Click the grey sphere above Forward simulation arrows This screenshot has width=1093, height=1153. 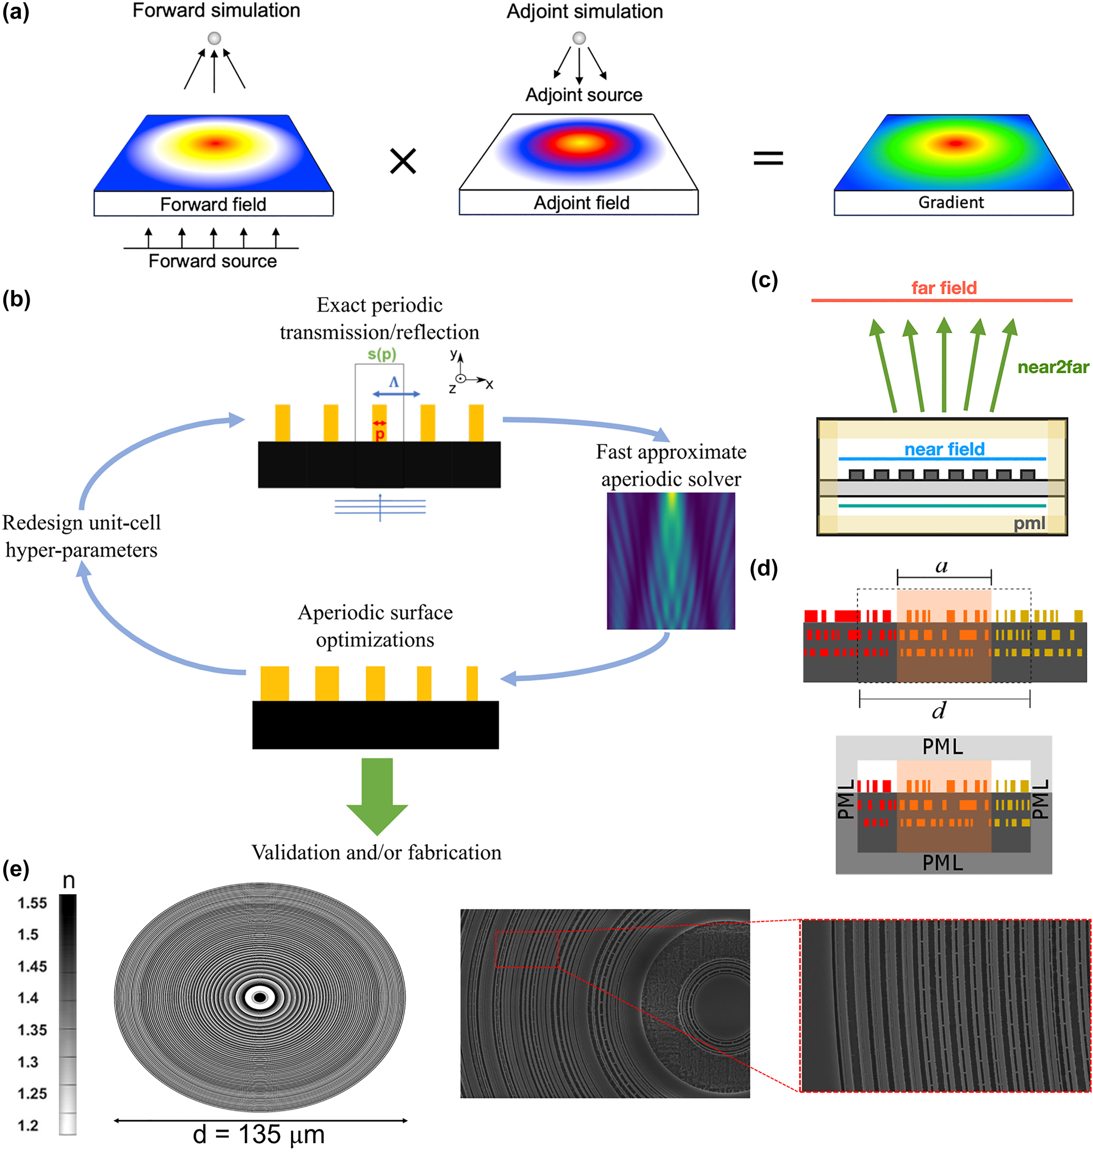pyautogui.click(x=215, y=38)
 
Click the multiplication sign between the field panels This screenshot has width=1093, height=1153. pyautogui.click(x=403, y=161)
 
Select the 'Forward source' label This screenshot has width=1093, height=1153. pyautogui.click(x=213, y=261)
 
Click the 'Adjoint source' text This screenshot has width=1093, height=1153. pyautogui.click(x=584, y=95)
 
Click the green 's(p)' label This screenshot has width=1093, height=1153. pyautogui.click(x=381, y=354)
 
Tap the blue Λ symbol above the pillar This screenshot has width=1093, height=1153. pyautogui.click(x=395, y=382)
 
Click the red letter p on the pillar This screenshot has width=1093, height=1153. pyautogui.click(x=380, y=434)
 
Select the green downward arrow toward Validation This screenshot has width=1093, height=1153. pyautogui.click(x=377, y=795)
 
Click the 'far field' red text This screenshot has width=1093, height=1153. pyautogui.click(x=944, y=288)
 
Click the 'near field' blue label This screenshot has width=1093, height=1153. pyautogui.click(x=944, y=449)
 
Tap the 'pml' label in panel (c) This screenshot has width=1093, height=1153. pyautogui.click(x=1029, y=523)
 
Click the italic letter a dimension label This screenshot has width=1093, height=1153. pyautogui.click(x=941, y=566)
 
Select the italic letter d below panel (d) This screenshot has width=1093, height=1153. pyautogui.click(x=939, y=710)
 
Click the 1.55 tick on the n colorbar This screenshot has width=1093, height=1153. pyautogui.click(x=32, y=903)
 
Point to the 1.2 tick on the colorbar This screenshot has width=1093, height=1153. pyautogui.click(x=28, y=1126)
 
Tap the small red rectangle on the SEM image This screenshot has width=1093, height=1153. pyautogui.click(x=527, y=949)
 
